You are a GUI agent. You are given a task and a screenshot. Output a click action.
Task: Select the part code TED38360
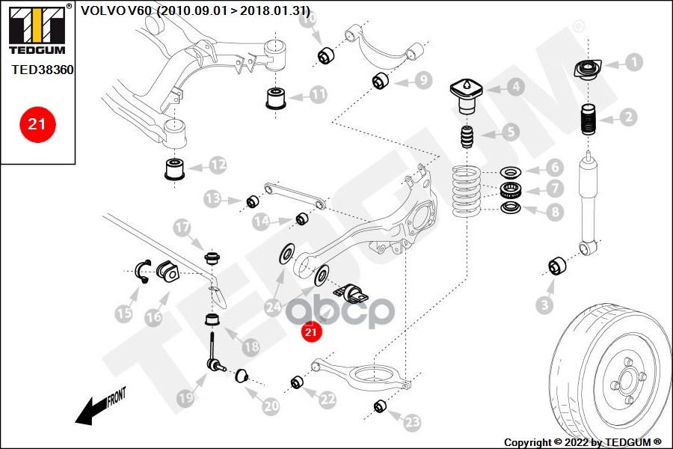43,69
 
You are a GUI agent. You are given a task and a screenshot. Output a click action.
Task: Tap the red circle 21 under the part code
36,124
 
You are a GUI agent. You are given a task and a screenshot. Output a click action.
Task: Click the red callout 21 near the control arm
311,330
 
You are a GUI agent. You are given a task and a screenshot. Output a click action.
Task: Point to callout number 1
633,62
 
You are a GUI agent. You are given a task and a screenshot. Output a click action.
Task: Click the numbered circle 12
217,165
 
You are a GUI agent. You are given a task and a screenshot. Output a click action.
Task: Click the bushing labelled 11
277,97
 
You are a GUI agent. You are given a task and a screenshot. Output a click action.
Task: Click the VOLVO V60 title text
195,10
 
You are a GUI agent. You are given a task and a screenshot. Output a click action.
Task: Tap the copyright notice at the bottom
583,442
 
